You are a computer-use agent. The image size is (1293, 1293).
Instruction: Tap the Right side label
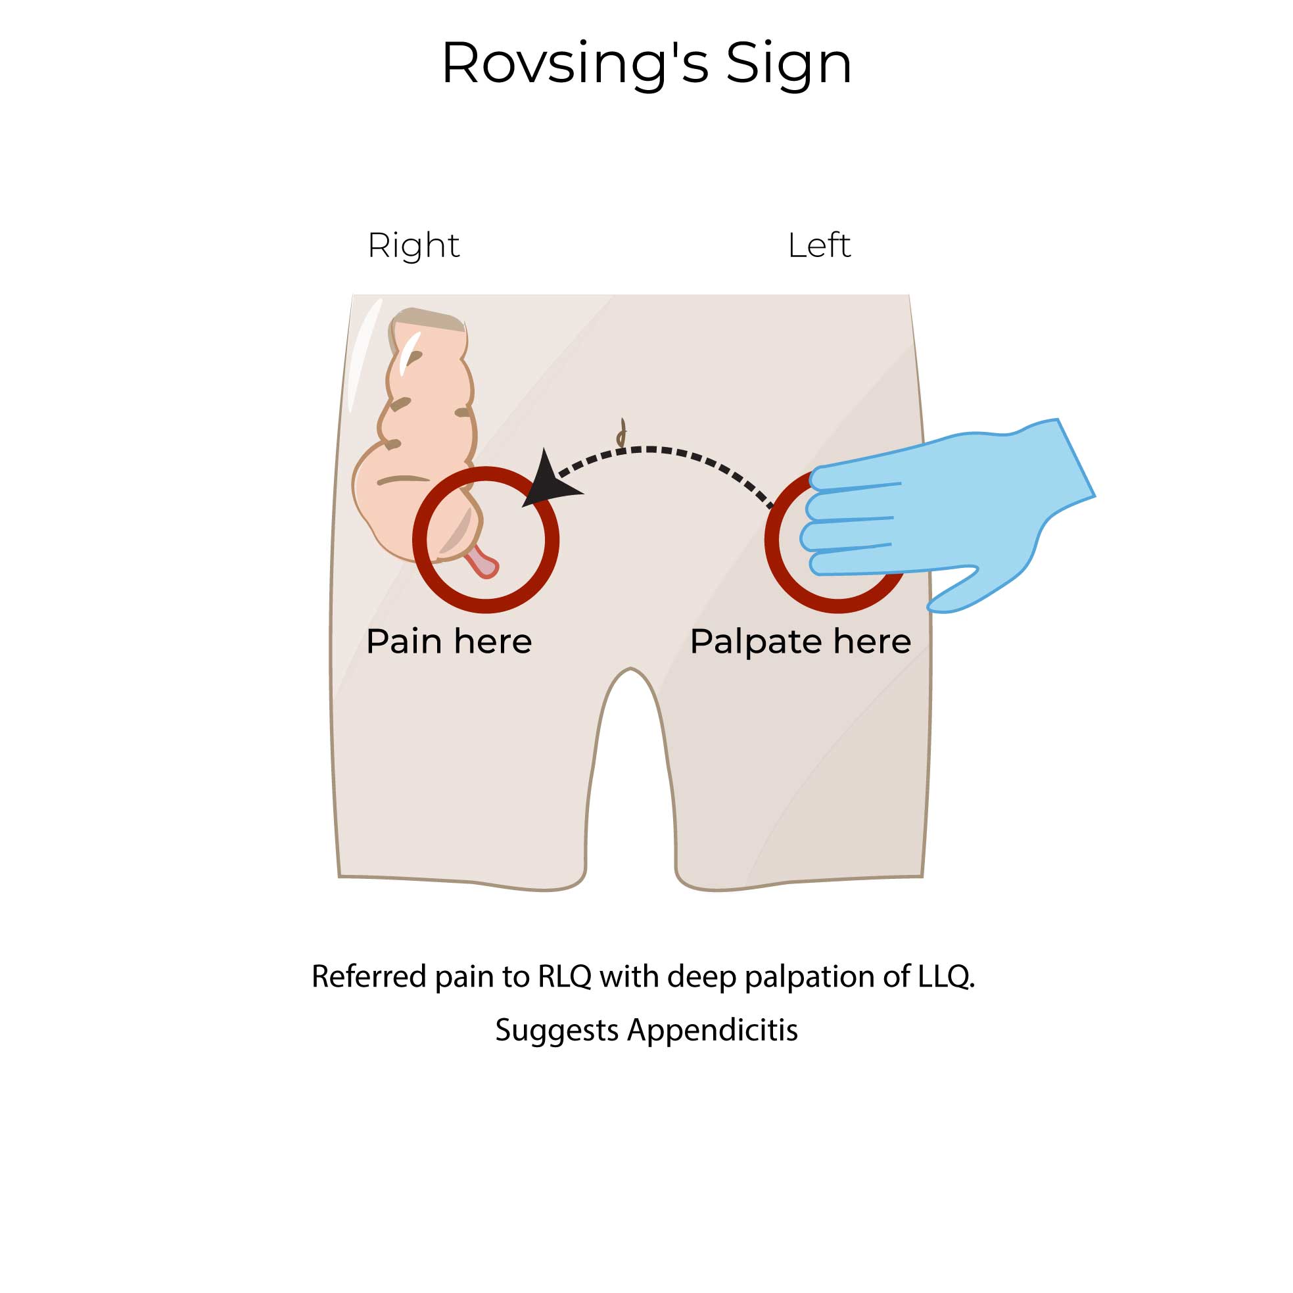point(413,246)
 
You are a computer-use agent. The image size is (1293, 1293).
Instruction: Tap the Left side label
point(818,246)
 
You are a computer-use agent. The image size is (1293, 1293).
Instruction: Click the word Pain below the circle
point(404,641)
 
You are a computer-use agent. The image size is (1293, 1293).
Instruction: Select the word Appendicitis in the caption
point(712,1029)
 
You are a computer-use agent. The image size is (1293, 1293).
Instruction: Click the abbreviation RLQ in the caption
point(564,976)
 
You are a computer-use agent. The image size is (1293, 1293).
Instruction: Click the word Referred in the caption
point(369,976)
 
